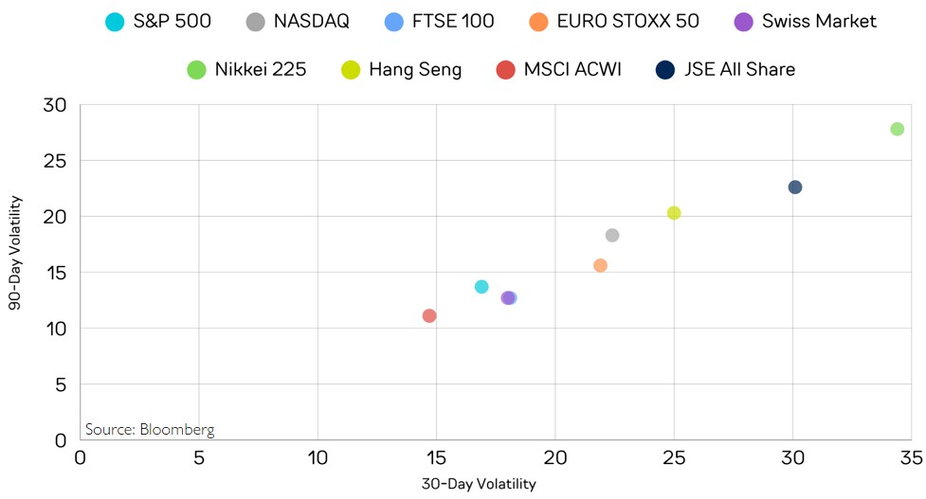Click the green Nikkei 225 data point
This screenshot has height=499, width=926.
coord(897,129)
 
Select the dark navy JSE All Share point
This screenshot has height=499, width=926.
coord(794,187)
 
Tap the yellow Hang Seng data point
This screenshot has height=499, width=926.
coord(674,213)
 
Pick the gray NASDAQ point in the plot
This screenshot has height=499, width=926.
coord(612,235)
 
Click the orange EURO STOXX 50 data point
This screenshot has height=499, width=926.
coord(600,266)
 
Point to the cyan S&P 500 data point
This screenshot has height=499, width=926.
coord(481,287)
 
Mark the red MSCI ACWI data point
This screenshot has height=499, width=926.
coord(429,315)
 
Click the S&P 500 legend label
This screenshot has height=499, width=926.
coord(172,21)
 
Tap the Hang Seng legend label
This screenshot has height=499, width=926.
coord(415,69)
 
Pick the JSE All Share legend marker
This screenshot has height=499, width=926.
coord(665,69)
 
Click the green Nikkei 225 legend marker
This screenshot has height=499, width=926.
coord(197,69)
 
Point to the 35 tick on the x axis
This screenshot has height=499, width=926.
coord(911,458)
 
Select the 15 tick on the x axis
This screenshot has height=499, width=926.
coord(436,458)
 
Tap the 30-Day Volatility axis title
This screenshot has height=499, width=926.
coord(479,485)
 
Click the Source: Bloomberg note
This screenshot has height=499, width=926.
coord(150,429)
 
